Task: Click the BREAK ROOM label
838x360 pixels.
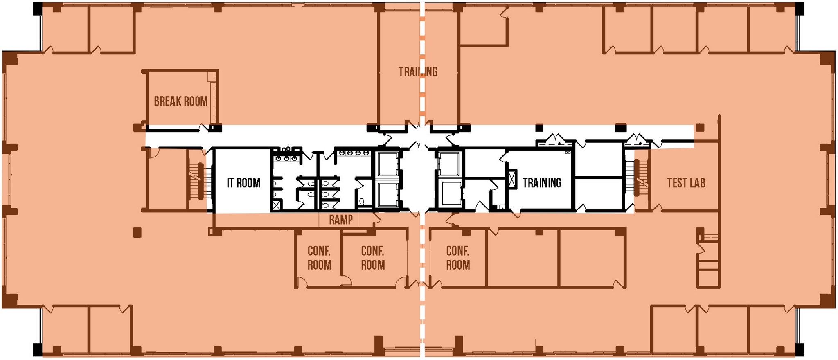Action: coord(180,101)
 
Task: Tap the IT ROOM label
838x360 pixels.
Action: coord(243,182)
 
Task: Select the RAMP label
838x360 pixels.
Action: coord(341,220)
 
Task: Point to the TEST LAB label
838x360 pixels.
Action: coord(686,182)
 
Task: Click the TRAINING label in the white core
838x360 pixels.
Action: coord(542,182)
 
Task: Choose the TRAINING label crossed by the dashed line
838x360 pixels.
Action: coord(418,72)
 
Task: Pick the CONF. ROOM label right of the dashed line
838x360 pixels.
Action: coord(458,258)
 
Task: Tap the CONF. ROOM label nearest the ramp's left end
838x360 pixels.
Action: coord(319,258)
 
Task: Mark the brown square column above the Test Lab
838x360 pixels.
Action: coord(700,128)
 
